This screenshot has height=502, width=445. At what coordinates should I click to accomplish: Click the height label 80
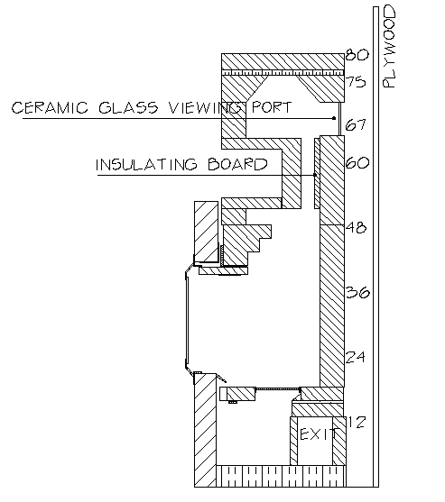pyautogui.click(x=357, y=54)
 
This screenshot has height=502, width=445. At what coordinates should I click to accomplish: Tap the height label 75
pyautogui.click(x=356, y=82)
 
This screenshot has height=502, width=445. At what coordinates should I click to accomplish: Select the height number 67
pyautogui.click(x=356, y=124)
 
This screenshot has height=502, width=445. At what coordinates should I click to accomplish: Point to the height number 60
pyautogui.click(x=357, y=162)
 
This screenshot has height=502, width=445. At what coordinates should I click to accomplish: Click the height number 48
pyautogui.click(x=356, y=228)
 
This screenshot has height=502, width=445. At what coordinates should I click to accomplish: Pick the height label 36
pyautogui.click(x=357, y=292)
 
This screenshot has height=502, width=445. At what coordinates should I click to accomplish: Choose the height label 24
pyautogui.click(x=356, y=357)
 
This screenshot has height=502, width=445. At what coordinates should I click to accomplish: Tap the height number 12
pyautogui.click(x=357, y=422)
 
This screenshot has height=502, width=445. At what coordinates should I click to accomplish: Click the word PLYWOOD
pyautogui.click(x=390, y=47)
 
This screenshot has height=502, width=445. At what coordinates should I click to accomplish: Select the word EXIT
pyautogui.click(x=318, y=434)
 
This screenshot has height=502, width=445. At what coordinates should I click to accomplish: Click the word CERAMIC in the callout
pyautogui.click(x=50, y=107)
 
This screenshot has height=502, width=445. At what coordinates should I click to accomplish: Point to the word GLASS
pyautogui.click(x=128, y=107)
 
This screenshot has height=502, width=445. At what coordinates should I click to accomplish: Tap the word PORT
pyautogui.click(x=272, y=107)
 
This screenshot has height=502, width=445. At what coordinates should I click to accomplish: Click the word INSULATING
pyautogui.click(x=146, y=165)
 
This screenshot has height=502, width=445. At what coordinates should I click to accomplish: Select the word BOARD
pyautogui.click(x=237, y=164)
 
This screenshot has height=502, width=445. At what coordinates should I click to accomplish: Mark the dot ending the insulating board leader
pyautogui.click(x=315, y=175)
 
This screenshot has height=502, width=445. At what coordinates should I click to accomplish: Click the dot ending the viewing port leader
pyautogui.click(x=334, y=118)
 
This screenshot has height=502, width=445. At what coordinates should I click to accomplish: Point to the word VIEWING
pyautogui.click(x=205, y=107)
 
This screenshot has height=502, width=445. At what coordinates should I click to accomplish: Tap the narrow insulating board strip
pyautogui.click(x=317, y=173)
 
